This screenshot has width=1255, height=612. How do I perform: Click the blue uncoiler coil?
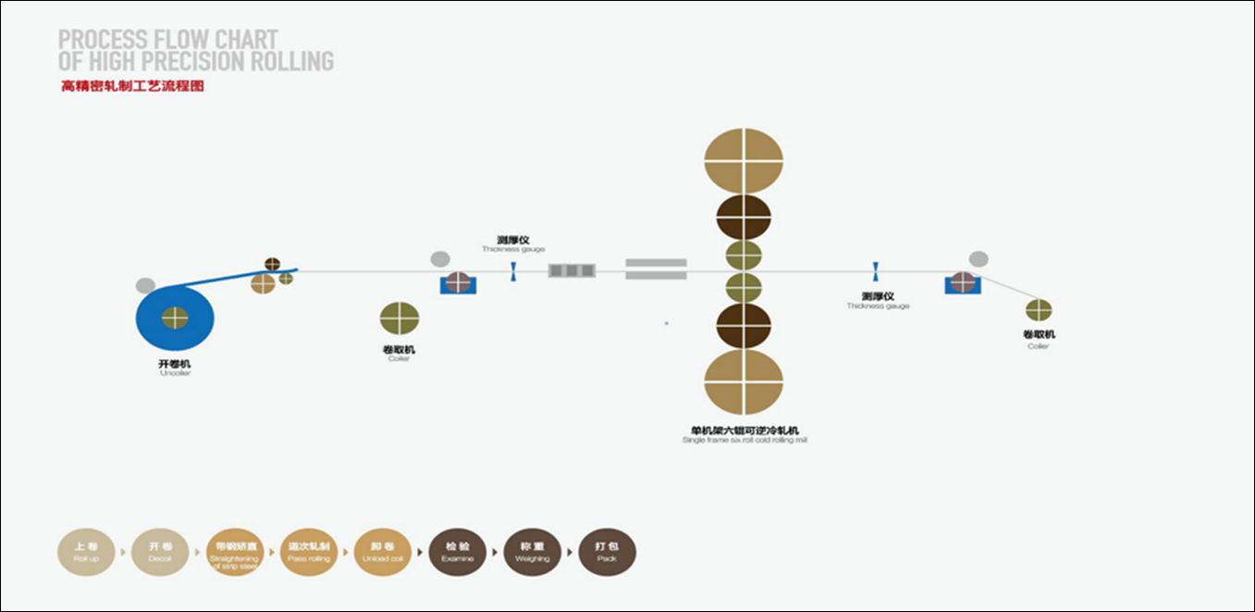[175, 318]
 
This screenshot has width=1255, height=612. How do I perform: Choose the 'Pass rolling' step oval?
[310, 552]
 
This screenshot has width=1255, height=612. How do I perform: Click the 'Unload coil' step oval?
[384, 552]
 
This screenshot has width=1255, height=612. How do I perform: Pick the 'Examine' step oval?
[458, 552]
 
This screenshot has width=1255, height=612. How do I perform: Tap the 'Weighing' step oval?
[532, 552]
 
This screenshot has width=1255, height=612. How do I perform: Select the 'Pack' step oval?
[607, 552]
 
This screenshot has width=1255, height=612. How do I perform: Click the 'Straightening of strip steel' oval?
[235, 552]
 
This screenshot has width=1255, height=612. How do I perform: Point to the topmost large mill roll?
[744, 160]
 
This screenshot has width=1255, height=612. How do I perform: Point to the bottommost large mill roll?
[744, 381]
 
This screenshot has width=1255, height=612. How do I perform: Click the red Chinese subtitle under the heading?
[131, 87]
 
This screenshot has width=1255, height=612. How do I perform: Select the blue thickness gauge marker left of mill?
[513, 271]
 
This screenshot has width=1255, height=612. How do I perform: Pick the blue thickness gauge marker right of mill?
[875, 271]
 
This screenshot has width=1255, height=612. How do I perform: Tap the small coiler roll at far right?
[1039, 310]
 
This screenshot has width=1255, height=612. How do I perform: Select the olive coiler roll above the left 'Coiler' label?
[400, 318]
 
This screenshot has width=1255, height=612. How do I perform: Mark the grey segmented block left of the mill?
[572, 271]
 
